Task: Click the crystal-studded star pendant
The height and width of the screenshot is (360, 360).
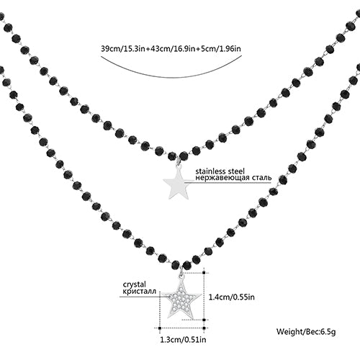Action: pyautogui.click(x=181, y=299)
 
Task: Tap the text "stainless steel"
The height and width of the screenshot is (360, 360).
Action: pyautogui.click(x=220, y=171)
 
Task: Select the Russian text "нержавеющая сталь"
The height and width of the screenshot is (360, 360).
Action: pyautogui.click(x=233, y=178)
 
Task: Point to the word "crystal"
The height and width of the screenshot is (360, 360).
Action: pyautogui.click(x=135, y=285)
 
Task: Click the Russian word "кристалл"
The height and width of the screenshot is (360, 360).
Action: pyautogui.click(x=139, y=292)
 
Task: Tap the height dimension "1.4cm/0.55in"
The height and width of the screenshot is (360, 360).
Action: pyautogui.click(x=232, y=297)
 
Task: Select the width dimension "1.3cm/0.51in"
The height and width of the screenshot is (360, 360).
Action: pyautogui.click(x=183, y=339)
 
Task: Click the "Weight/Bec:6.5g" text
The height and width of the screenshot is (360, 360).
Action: pyautogui.click(x=306, y=332)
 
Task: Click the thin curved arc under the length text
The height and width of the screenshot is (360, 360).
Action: pyautogui.click(x=171, y=77)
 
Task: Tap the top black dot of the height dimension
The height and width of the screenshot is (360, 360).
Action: pyautogui.click(x=204, y=273)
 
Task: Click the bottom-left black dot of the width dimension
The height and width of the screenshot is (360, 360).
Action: pyautogui.click(x=160, y=328)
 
